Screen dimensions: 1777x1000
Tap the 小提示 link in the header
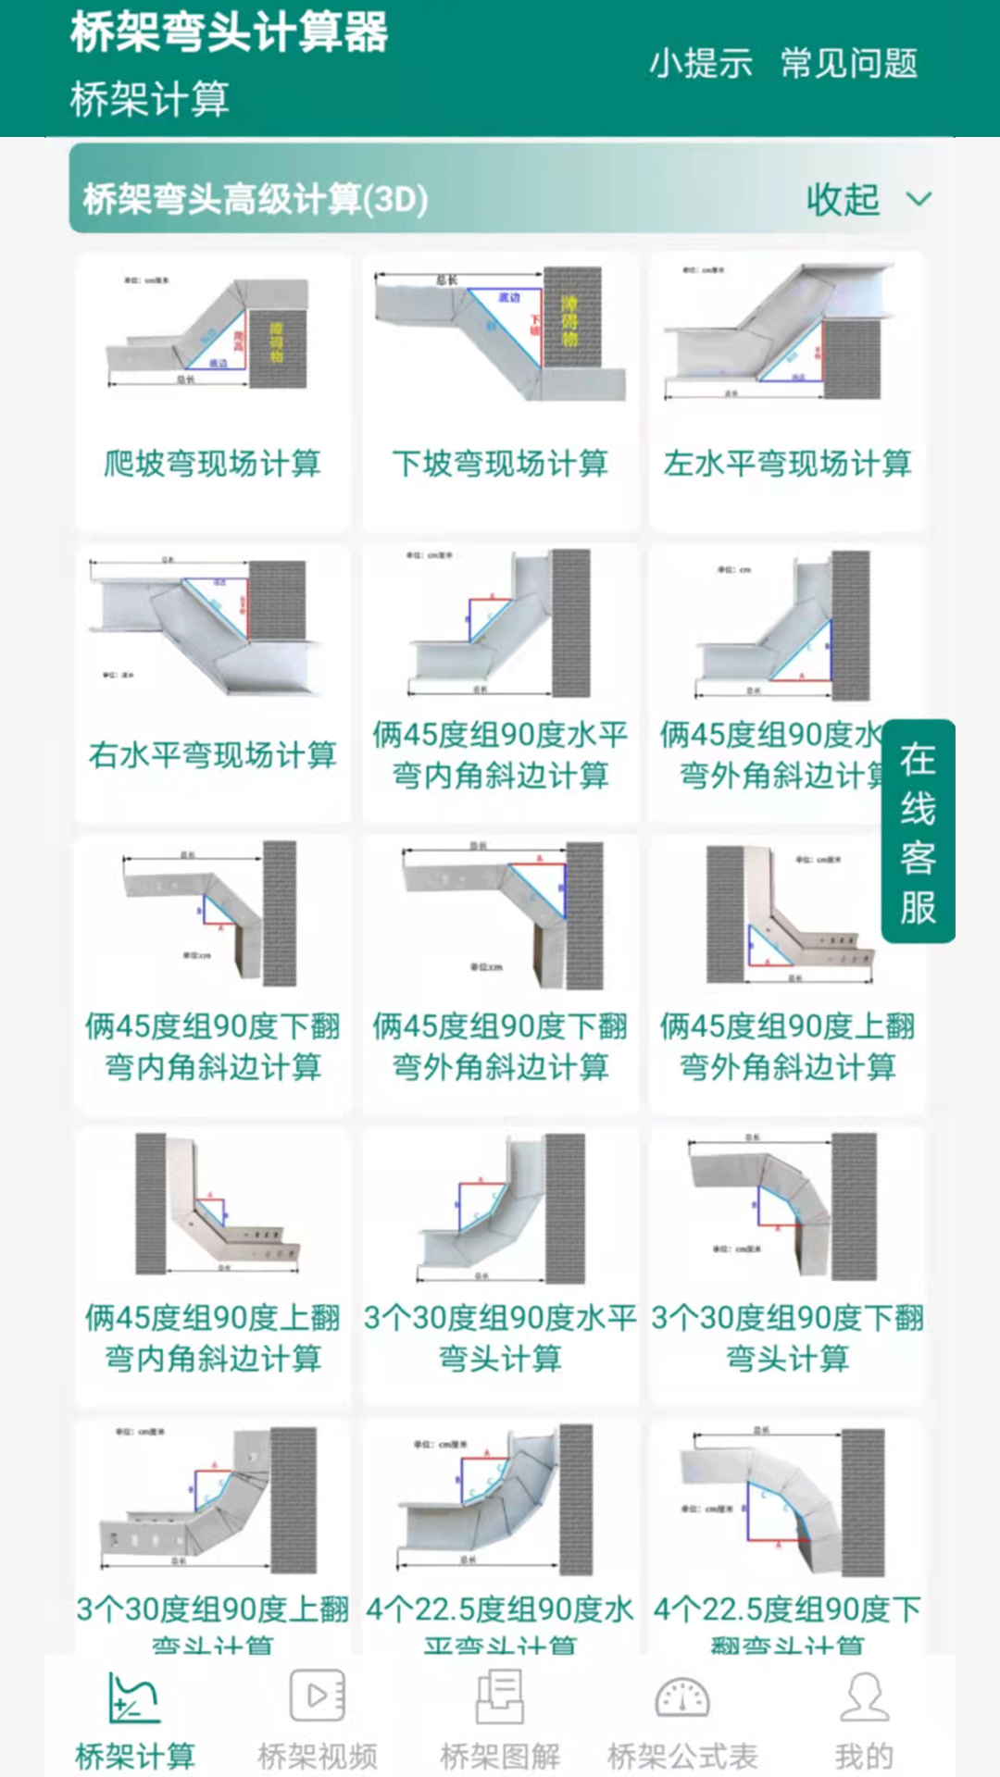click(700, 63)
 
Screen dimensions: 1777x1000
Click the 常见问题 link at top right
click(848, 63)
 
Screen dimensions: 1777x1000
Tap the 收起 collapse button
click(866, 199)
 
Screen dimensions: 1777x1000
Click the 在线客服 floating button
click(918, 831)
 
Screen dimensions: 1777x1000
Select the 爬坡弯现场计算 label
click(212, 463)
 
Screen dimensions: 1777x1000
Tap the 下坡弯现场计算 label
click(500, 463)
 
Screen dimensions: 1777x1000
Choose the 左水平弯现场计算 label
click(787, 463)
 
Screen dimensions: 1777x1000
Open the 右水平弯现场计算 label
click(212, 754)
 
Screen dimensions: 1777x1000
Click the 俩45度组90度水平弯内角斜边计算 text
click(500, 754)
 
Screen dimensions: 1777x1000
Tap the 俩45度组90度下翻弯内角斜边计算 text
click(212, 1046)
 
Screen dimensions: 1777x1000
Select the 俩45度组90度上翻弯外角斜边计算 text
click(787, 1046)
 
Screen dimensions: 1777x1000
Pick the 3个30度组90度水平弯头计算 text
click(500, 1337)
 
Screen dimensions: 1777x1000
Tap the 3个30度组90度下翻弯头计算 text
click(787, 1337)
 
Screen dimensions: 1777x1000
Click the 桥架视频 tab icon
click(317, 1696)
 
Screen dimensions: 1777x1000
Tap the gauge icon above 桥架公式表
click(682, 1697)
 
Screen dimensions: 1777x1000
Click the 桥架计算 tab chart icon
click(134, 1697)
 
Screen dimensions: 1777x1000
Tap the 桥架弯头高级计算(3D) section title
click(255, 199)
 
